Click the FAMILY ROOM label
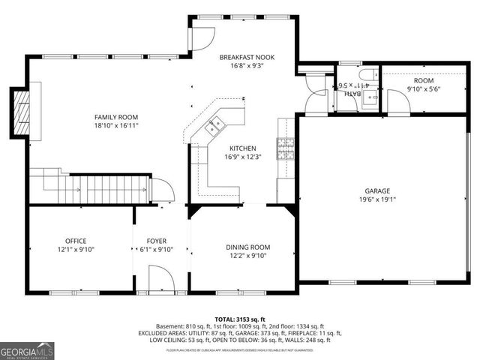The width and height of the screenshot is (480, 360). point(116,117)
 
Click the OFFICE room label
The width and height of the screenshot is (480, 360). point(75,241)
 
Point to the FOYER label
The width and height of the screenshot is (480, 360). point(156,241)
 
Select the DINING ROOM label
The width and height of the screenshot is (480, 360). point(248,247)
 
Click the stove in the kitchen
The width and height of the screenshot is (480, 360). point(286,149)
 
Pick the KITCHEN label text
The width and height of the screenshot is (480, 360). point(243,148)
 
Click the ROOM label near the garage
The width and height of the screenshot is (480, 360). point(423,79)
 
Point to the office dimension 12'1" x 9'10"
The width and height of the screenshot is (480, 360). point(75,250)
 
